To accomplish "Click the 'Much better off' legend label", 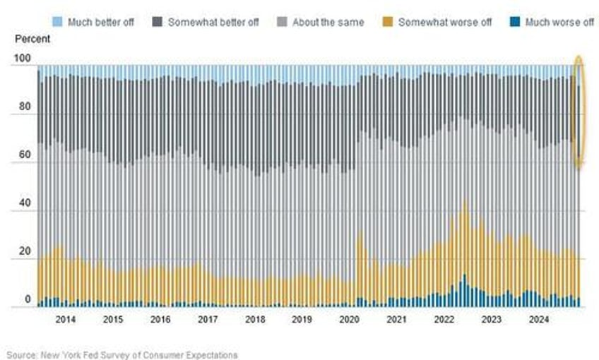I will click(x=101, y=22).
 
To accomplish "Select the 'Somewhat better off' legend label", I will click(x=213, y=22).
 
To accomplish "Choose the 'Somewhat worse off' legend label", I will click(x=445, y=22).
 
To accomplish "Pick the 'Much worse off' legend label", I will click(x=559, y=22).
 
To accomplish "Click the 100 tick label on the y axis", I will click(x=22, y=66).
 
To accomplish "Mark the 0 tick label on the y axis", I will click(x=28, y=300).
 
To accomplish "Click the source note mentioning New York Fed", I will click(x=122, y=354).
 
